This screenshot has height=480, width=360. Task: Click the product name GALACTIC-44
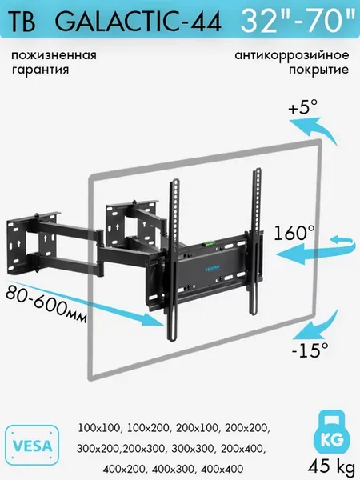coord(138,22)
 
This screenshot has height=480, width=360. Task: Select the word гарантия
coord(41,70)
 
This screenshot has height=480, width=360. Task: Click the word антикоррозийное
coord(292,56)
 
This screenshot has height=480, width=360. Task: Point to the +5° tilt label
coord(302,107)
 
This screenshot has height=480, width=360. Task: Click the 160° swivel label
coord(294,233)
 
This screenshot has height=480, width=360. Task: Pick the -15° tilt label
coord(310,350)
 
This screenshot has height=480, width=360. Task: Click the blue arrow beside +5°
coord(314,130)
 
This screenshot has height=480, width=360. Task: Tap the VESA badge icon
coord(32,445)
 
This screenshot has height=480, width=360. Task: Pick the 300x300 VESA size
coord(193,449)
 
